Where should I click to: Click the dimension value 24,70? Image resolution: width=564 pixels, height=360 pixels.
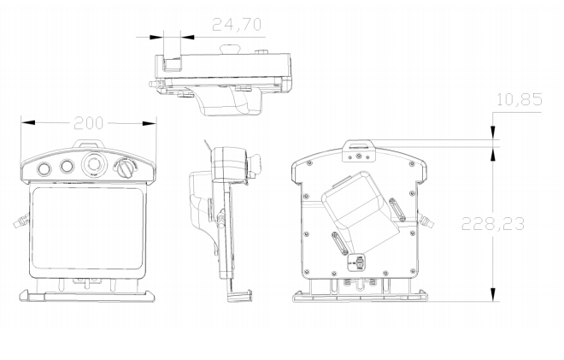tap(236, 25)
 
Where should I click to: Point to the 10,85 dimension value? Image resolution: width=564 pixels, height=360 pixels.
tap(519, 100)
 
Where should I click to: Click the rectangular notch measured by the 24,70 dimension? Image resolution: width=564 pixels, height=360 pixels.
tap(172, 62)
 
